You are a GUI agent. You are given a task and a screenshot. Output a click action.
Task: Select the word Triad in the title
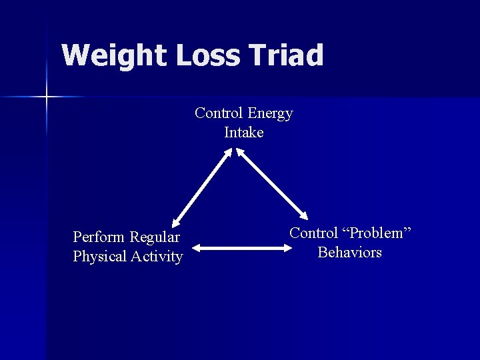(287, 55)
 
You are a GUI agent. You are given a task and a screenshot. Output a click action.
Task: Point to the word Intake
(244, 133)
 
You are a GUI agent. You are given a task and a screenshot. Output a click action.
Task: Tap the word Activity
(157, 257)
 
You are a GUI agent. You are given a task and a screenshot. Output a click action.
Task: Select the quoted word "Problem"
(377, 233)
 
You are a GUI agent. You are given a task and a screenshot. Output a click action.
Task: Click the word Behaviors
(350, 253)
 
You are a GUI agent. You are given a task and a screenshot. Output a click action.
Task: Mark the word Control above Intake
(219, 114)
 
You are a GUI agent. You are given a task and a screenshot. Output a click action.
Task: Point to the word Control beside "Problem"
(313, 233)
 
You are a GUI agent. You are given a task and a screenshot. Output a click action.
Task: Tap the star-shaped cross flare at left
(47, 97)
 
